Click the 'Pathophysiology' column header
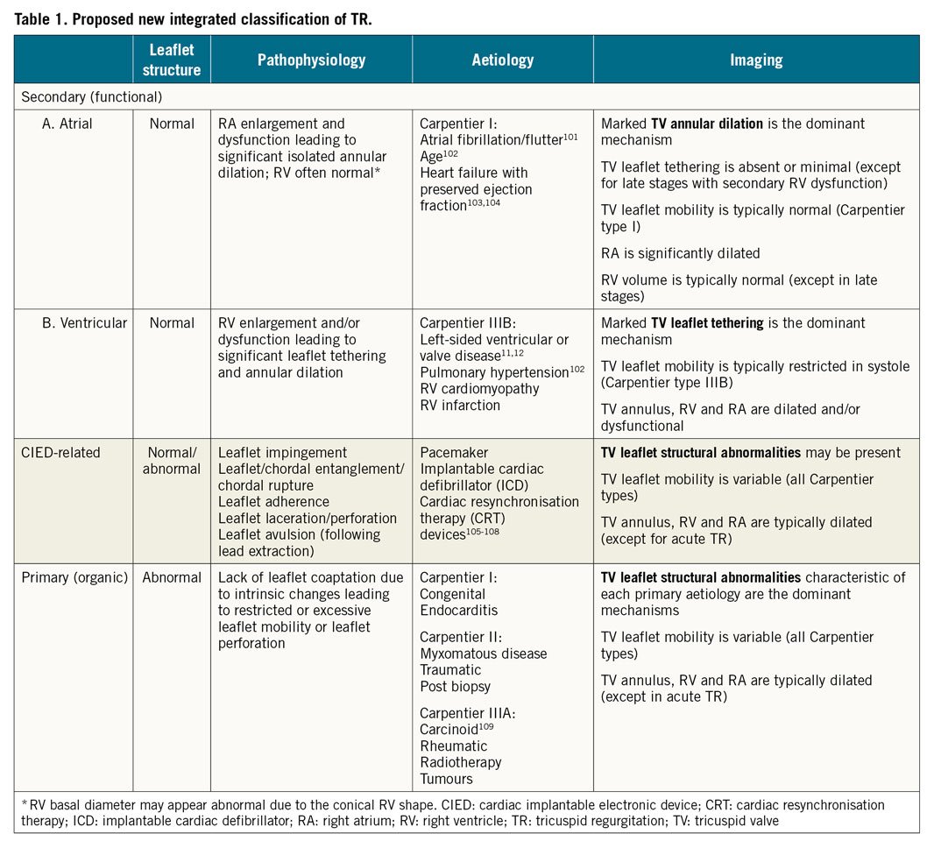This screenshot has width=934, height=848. coord(311,60)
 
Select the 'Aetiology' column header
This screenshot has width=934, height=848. coord(502,60)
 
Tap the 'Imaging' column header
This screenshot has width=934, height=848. coord(756,60)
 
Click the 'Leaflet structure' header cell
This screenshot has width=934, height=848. coord(172,60)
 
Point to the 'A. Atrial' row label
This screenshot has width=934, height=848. coord(67,124)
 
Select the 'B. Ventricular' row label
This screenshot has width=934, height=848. coord(84,322)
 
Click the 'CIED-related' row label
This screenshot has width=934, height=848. coord(60,452)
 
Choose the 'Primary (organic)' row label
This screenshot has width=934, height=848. coord(74,577)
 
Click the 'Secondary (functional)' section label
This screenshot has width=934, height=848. coord(92,96)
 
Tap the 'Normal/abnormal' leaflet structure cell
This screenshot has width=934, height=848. coord(172,460)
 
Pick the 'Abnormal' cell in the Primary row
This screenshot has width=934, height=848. coord(172,577)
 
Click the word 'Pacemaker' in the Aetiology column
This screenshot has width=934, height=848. coord(454,452)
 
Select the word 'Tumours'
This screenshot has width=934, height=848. coord(446,778)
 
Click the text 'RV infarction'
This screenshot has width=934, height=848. coord(460,405)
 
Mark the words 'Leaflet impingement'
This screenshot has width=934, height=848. coord(282,452)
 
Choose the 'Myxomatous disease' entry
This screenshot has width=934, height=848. coord(483,654)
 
